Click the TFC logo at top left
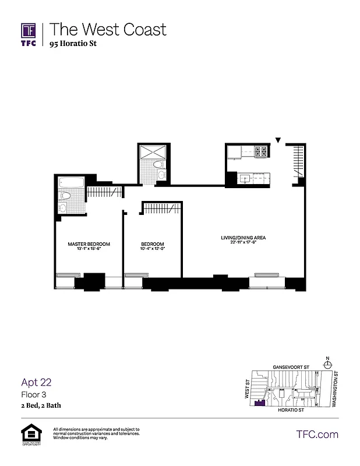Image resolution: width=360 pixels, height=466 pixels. tap(29, 33)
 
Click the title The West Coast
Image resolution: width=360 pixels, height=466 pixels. tap(108, 29)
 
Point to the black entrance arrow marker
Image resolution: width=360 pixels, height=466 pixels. tap(278, 140)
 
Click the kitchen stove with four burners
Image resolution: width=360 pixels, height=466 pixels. tap(260, 152)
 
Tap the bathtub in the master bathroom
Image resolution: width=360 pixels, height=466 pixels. tap(72, 182)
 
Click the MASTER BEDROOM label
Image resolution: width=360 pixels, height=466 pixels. tap(89, 244)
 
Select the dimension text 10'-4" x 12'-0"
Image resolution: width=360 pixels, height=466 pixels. tap(153, 250)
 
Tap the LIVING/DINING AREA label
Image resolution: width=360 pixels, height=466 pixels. tap(244, 238)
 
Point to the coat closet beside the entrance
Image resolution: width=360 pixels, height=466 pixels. tap(298, 161)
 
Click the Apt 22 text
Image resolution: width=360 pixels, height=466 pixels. tap(36, 382)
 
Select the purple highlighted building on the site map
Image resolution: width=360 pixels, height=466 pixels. tap(260, 403)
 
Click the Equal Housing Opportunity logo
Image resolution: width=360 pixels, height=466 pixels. tap(29, 434)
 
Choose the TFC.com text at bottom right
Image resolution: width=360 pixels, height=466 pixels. tap(317, 434)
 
